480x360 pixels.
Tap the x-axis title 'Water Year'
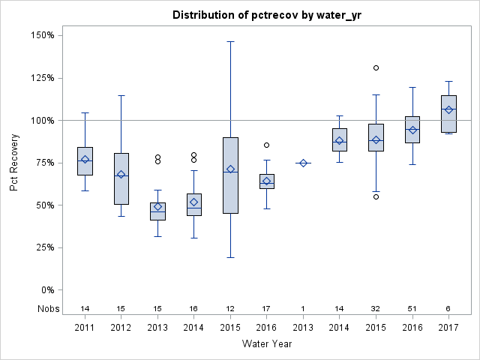[266, 343]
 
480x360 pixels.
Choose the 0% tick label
[46, 289]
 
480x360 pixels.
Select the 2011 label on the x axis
[85, 327]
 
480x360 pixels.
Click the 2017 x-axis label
[448, 327]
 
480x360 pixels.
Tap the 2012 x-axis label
[121, 327]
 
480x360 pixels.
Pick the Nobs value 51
[412, 308]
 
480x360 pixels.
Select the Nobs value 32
[376, 308]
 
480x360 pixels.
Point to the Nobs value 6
[448, 308]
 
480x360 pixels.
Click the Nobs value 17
[266, 308]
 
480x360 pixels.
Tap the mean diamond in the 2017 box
[448, 109]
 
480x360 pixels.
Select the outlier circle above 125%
[376, 67]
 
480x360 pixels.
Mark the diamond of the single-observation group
[303, 163]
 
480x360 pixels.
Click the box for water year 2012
[121, 178]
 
